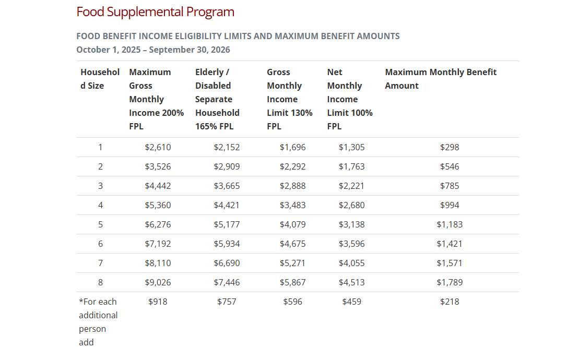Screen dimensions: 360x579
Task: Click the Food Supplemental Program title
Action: [155, 12]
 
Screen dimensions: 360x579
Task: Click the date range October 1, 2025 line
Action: [153, 50]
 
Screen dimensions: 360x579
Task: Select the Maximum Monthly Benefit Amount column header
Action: [441, 79]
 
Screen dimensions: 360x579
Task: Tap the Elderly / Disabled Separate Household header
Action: [217, 99]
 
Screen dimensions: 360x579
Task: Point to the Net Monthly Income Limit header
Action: [350, 99]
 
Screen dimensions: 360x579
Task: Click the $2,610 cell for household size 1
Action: [158, 147]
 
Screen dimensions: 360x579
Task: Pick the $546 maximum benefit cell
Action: [450, 166]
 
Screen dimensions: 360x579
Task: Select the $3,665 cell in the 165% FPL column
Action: [227, 186]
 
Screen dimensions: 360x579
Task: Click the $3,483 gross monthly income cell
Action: [292, 205]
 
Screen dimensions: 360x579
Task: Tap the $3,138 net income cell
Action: [351, 224]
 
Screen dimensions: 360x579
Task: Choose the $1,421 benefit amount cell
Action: [450, 244]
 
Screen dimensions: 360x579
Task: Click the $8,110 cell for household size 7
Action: [158, 263]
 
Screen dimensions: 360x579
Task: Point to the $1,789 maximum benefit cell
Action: [450, 282]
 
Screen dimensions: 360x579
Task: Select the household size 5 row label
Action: [100, 224]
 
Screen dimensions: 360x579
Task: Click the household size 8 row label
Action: [100, 282]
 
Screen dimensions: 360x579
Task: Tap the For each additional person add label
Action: [98, 322]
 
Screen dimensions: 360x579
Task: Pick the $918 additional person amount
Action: [158, 302]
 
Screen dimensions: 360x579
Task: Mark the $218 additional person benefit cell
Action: [450, 302]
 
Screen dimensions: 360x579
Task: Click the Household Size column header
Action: [100, 79]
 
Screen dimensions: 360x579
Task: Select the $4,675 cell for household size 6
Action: [292, 244]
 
